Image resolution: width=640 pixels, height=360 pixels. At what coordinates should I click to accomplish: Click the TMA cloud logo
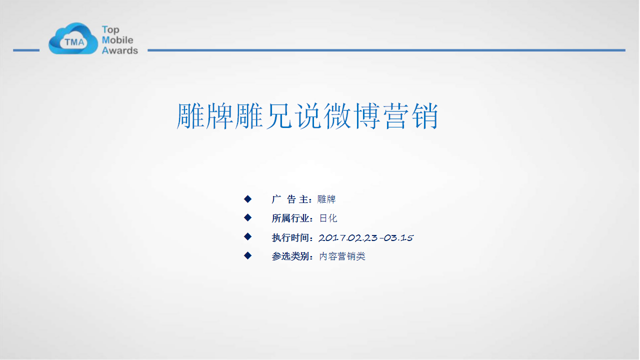click(x=73, y=39)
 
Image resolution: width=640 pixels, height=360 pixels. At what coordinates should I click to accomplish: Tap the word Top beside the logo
click(x=110, y=29)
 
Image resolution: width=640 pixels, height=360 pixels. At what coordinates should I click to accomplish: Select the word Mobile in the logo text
click(x=117, y=40)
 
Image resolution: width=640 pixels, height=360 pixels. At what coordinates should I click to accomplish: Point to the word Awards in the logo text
click(x=120, y=50)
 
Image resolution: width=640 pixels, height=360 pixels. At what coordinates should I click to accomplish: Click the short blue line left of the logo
click(x=26, y=50)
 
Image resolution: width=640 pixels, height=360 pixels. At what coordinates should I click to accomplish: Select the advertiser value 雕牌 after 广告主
click(x=326, y=199)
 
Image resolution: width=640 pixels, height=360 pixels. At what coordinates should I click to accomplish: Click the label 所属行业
click(x=290, y=218)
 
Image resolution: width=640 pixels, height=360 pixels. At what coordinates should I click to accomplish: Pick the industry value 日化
click(x=328, y=218)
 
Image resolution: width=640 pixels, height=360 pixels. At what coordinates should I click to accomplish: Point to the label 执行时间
click(x=290, y=237)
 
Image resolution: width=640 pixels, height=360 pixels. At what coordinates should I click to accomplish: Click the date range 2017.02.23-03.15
click(x=366, y=237)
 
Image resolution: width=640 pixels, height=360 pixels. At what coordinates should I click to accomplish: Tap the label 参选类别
click(x=290, y=256)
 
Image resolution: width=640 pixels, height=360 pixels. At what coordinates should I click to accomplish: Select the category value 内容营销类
click(x=342, y=256)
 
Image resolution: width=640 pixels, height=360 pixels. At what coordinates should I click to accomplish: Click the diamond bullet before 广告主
click(x=247, y=199)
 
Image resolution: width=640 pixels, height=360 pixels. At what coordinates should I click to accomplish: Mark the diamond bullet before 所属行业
click(x=247, y=217)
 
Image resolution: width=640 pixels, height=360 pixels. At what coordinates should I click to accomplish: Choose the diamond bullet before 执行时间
click(x=247, y=236)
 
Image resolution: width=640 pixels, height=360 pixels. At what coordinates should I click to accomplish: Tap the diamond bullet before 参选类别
click(x=247, y=255)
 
